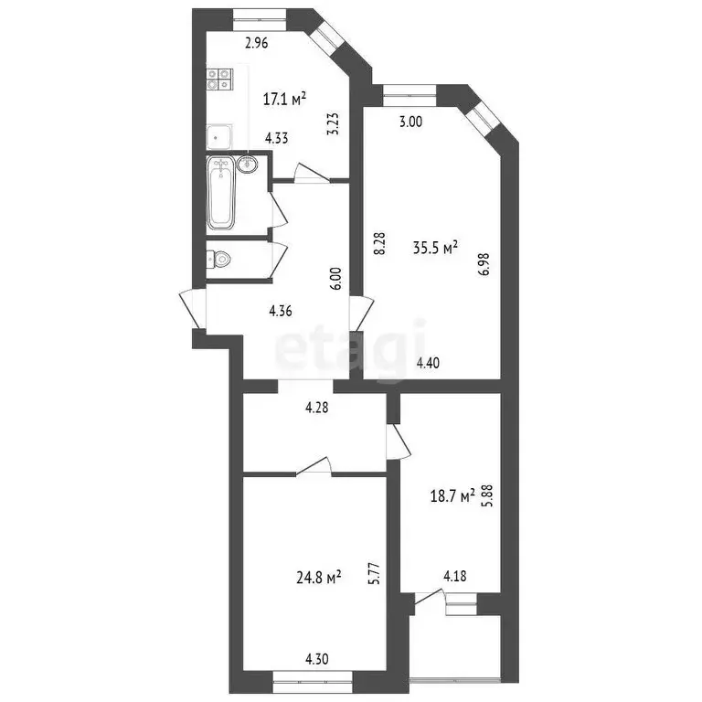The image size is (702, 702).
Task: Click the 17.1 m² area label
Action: pos(284,97)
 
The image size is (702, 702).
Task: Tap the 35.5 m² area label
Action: pos(435,247)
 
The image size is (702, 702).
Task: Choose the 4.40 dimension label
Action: pos(429,363)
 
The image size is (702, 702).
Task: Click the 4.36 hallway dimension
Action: pos(281,311)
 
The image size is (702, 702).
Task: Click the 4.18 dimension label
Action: pos(455,576)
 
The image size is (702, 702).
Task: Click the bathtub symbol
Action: pos(222,192)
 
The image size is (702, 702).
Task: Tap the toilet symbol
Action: pos(218,260)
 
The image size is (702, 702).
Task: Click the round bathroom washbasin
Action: pos(247,165)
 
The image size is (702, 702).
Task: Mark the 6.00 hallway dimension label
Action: pos(335,278)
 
